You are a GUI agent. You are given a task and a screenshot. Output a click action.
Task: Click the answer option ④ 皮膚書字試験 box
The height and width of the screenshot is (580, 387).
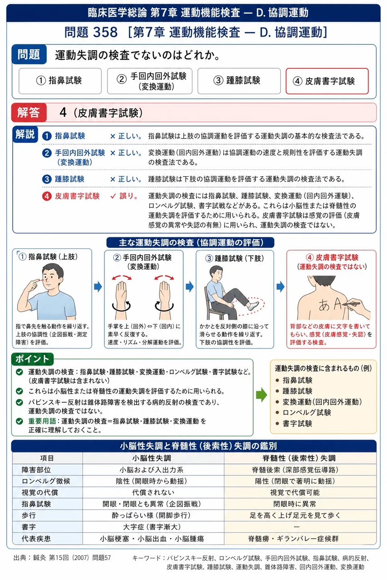coord(327,81)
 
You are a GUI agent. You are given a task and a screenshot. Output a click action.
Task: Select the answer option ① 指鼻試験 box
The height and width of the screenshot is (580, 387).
coord(60,81)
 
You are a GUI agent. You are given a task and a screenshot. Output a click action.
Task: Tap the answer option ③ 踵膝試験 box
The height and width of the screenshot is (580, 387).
coord(239,81)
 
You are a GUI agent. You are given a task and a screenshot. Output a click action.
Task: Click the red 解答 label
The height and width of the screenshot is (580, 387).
coord(29,113)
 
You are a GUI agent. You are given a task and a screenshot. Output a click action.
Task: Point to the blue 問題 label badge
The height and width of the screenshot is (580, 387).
coord(29,54)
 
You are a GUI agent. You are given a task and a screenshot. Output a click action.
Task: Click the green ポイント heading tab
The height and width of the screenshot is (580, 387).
coord(32,359)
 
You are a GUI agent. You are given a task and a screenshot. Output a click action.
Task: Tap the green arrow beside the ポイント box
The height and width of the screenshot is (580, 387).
coord(261,395)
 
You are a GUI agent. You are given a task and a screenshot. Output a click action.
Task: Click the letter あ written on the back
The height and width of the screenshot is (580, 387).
coord(324,305)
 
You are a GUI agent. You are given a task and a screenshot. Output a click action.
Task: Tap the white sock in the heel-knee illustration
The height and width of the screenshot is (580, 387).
coord(252,305)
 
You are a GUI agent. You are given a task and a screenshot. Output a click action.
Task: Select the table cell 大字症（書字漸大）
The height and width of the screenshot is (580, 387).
coord(152,527)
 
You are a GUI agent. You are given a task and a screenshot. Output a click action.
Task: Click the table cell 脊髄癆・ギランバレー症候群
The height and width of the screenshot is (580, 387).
coord(293,539)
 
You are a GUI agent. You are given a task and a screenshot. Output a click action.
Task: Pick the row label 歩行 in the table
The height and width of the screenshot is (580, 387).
coord(29,515)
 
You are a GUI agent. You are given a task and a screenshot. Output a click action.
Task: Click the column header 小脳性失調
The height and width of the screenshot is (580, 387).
coord(152,458)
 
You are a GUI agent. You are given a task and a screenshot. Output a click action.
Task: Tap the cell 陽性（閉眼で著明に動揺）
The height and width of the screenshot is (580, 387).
coord(295,481)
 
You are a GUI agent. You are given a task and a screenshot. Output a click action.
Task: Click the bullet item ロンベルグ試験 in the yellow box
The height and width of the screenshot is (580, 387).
coord(307,412)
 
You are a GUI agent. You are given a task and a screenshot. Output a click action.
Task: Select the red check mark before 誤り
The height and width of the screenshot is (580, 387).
coord(113,196)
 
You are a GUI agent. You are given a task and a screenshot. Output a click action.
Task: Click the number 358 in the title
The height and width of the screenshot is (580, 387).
coord(105,32)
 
